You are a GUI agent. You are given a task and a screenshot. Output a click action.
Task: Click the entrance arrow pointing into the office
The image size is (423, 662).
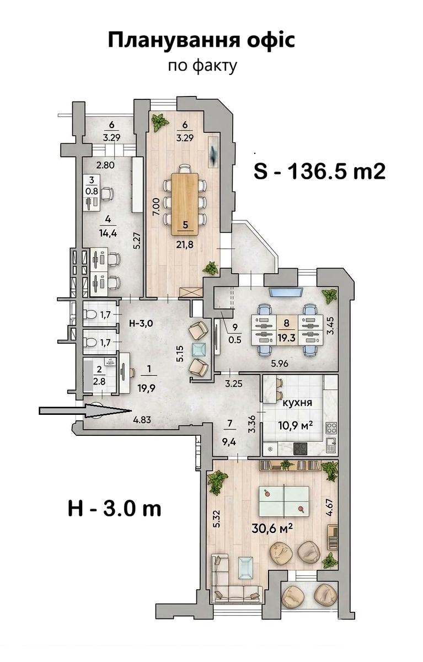(85, 411)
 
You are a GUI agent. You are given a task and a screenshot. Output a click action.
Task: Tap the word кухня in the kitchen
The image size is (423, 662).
(297, 403)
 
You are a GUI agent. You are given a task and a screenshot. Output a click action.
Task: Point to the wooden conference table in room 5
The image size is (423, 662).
(185, 204)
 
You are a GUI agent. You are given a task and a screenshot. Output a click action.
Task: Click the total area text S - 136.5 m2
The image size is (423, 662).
(320, 171)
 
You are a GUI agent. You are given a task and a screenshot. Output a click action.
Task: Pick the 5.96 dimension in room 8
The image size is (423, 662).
(279, 364)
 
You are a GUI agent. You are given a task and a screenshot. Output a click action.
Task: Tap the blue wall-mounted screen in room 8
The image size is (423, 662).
(286, 292)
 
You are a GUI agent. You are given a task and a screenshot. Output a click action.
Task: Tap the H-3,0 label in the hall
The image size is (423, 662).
(141, 323)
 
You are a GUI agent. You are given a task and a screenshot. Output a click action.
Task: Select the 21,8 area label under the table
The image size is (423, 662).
(185, 244)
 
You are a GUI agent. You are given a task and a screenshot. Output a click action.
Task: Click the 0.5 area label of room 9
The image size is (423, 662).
(235, 340)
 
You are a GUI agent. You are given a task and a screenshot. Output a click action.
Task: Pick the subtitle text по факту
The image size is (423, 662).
(202, 66)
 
